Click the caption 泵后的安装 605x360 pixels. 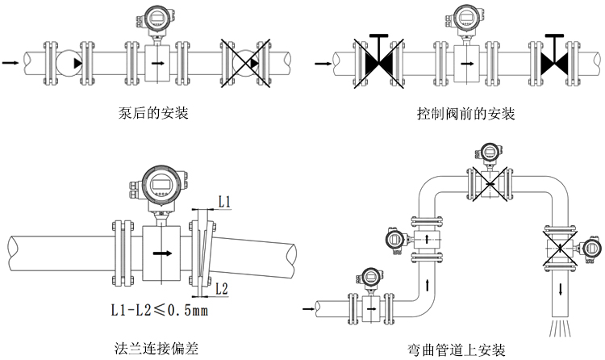pos(153,113)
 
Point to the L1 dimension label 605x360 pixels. pos(225,199)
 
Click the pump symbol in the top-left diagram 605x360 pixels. pos(72,62)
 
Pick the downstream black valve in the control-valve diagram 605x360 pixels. pos(553,61)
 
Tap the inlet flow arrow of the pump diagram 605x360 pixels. pos(10,61)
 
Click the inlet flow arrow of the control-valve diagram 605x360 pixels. pos(321,61)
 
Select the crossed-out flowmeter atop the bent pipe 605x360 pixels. pos(487,184)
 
